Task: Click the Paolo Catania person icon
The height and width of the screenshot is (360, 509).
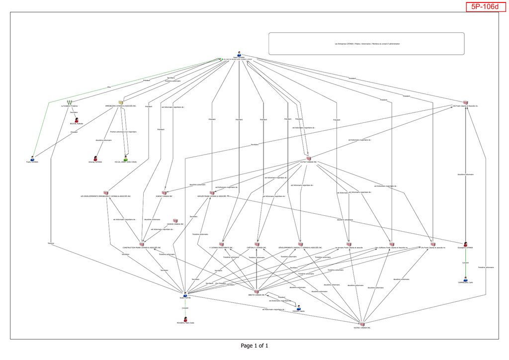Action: click(x=239, y=54)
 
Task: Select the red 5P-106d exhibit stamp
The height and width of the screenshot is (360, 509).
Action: click(x=485, y=6)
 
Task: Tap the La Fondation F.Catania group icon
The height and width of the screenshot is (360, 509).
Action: click(x=70, y=102)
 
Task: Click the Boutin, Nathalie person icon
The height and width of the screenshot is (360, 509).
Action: click(x=77, y=120)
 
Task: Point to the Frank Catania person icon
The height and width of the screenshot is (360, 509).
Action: click(x=32, y=159)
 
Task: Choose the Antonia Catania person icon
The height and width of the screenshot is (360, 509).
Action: click(x=95, y=159)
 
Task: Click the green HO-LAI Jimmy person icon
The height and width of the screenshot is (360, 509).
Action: click(x=125, y=159)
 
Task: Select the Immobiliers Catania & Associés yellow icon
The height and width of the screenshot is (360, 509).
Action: click(x=120, y=102)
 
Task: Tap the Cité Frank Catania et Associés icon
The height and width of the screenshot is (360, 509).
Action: click(x=465, y=102)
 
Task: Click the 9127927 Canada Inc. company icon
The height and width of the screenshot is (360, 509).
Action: click(x=308, y=159)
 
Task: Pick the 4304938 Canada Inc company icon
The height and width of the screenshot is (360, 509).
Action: click(x=175, y=220)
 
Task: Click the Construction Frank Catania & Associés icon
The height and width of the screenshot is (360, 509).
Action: click(x=142, y=244)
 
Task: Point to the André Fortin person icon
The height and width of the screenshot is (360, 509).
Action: click(x=185, y=294)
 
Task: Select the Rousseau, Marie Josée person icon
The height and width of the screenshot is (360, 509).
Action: click(x=185, y=319)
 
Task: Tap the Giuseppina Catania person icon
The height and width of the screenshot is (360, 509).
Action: click(x=466, y=244)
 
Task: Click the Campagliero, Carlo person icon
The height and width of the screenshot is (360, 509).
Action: click(x=465, y=279)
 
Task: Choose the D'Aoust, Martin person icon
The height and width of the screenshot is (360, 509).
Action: click(x=299, y=308)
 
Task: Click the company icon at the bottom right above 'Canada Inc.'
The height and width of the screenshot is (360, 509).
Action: click(x=362, y=324)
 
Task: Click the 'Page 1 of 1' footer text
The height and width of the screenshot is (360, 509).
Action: click(x=254, y=346)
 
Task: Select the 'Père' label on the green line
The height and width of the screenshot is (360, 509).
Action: click(x=109, y=88)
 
